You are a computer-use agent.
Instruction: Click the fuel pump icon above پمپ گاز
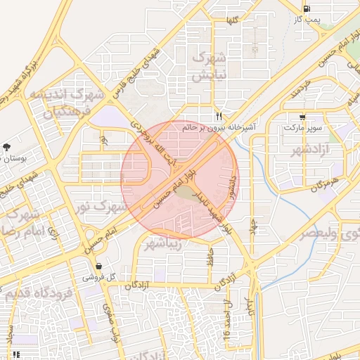click(306, 9)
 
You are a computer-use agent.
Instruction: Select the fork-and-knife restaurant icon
click(220, 117)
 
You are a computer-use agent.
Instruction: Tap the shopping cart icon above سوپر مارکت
click(302, 117)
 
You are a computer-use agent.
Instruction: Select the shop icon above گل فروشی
click(98, 266)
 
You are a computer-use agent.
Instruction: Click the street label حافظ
click(209, 257)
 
